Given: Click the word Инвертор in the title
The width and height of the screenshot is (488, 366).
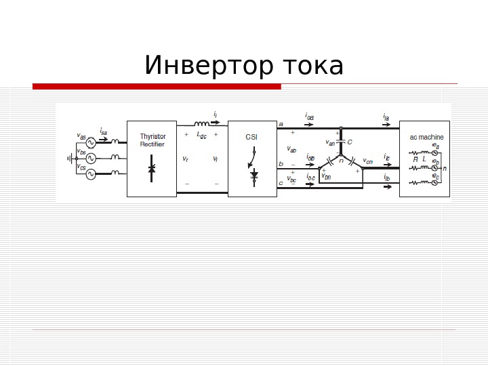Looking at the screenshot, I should [203, 66].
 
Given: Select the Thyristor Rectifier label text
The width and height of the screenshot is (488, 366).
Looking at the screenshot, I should [152, 140].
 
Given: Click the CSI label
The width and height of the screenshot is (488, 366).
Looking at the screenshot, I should [251, 137].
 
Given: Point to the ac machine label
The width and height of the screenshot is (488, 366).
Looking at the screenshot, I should [426, 137].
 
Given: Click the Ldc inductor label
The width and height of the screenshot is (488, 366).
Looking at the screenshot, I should [201, 135].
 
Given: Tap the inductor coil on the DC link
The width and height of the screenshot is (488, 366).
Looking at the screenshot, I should [202, 124].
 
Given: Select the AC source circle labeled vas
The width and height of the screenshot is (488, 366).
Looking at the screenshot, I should [91, 143].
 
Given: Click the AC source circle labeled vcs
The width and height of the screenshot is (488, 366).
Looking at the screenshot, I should [91, 174].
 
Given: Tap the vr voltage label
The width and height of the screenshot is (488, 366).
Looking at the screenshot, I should [185, 159].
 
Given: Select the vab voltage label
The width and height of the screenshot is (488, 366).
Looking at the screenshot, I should [292, 149].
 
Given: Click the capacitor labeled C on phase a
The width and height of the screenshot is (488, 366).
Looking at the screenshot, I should [342, 142].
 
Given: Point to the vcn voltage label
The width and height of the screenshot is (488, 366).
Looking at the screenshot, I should [368, 161].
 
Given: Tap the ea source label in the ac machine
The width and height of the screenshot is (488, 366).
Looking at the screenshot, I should [436, 146].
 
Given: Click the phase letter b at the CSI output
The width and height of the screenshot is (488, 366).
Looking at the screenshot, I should [281, 163].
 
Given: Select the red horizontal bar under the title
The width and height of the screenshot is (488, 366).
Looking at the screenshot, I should [157, 87].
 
